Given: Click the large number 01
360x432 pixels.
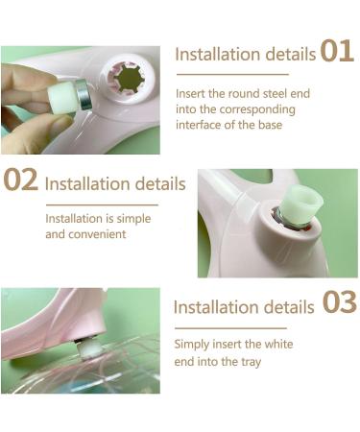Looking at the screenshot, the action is (337, 51).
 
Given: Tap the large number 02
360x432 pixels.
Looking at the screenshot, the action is (21, 180).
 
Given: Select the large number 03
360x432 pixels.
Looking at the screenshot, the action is (339, 302).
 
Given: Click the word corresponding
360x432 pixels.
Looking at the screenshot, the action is (257, 109).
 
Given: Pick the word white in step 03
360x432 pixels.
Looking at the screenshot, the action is (278, 345).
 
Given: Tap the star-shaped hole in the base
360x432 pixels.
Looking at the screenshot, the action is (131, 79).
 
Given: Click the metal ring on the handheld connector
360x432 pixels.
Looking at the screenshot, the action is (83, 95).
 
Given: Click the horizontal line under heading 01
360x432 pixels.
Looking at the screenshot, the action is (232, 74).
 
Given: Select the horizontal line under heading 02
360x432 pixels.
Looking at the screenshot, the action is (102, 204).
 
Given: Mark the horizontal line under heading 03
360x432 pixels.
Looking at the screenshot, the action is (230, 328).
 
